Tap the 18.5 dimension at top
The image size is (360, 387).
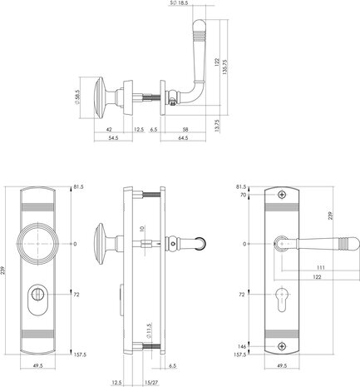179,4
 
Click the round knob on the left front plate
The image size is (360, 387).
41,244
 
